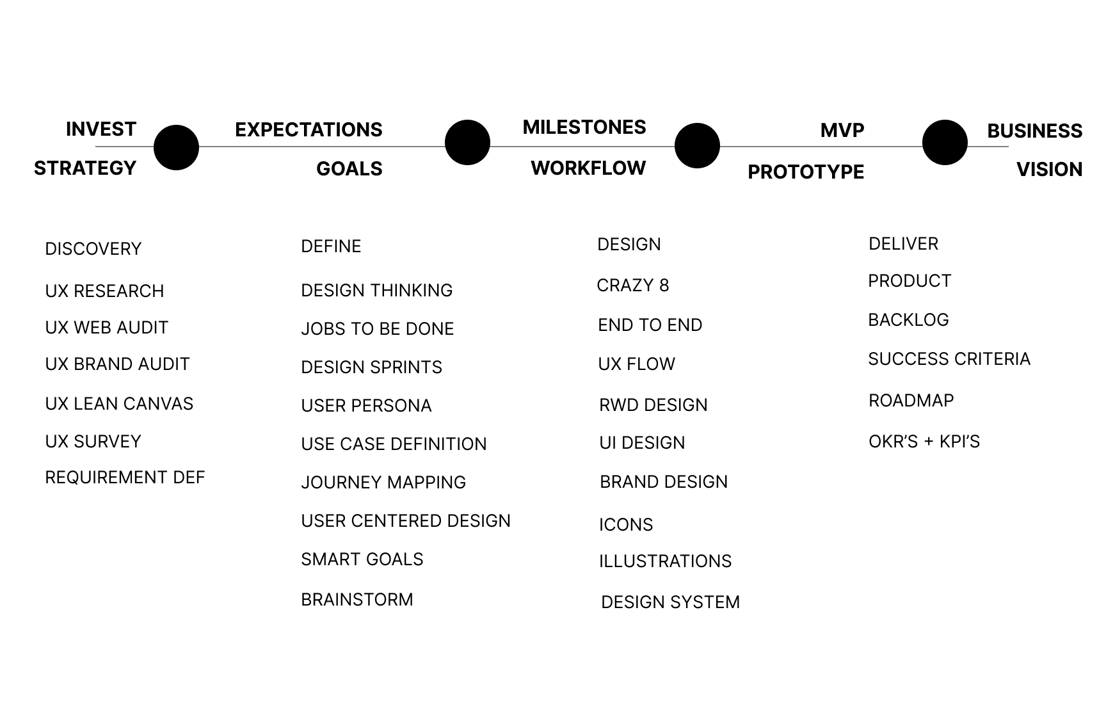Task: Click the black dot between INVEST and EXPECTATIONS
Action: [177, 147]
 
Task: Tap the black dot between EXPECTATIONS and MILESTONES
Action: [467, 142]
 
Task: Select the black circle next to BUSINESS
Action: [945, 142]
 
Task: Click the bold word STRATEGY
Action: [85, 168]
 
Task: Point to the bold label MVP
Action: [842, 131]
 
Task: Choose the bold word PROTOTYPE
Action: [806, 172]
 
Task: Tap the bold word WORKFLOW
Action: [588, 168]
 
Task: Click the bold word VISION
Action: [1050, 170]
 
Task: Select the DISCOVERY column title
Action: [93, 249]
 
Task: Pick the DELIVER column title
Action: [904, 244]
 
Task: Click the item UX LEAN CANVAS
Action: [119, 404]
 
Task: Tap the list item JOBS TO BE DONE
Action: [378, 329]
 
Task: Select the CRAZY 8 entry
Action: [633, 285]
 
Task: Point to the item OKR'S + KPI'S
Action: [924, 442]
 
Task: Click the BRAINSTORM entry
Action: [357, 600]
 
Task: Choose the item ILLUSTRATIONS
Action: [666, 561]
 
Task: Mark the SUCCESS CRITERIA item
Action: [949, 359]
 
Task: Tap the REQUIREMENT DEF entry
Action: [125, 478]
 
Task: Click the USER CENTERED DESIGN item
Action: [406, 521]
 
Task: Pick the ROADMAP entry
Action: [911, 401]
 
